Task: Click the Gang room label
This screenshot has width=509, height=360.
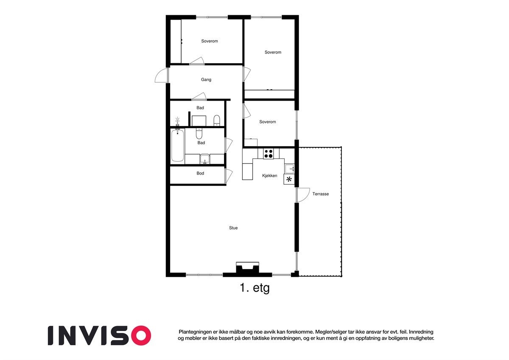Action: click(206, 80)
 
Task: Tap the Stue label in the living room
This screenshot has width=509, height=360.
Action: click(233, 228)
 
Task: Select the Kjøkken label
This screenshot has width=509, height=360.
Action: click(270, 176)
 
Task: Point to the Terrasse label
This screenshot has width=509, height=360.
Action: click(321, 194)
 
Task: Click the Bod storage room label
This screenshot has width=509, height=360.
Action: click(200, 173)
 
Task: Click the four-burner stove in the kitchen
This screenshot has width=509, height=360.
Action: click(268, 153)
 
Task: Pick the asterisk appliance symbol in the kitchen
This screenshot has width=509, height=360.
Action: click(289, 179)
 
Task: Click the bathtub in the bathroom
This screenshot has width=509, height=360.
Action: click(178, 146)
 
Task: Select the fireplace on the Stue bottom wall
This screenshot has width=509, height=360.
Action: click(247, 269)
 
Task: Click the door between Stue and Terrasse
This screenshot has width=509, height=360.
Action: click(303, 195)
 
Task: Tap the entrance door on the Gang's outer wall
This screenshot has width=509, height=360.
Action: click(162, 75)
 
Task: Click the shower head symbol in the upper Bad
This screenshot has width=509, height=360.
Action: click(178, 121)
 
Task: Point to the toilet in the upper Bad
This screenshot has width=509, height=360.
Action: click(217, 120)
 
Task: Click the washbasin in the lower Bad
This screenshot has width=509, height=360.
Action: click(205, 159)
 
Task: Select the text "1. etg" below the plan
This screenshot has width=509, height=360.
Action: click(255, 288)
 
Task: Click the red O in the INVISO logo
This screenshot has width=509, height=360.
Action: click(140, 335)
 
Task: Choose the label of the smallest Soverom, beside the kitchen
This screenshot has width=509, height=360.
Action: click(267, 122)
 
